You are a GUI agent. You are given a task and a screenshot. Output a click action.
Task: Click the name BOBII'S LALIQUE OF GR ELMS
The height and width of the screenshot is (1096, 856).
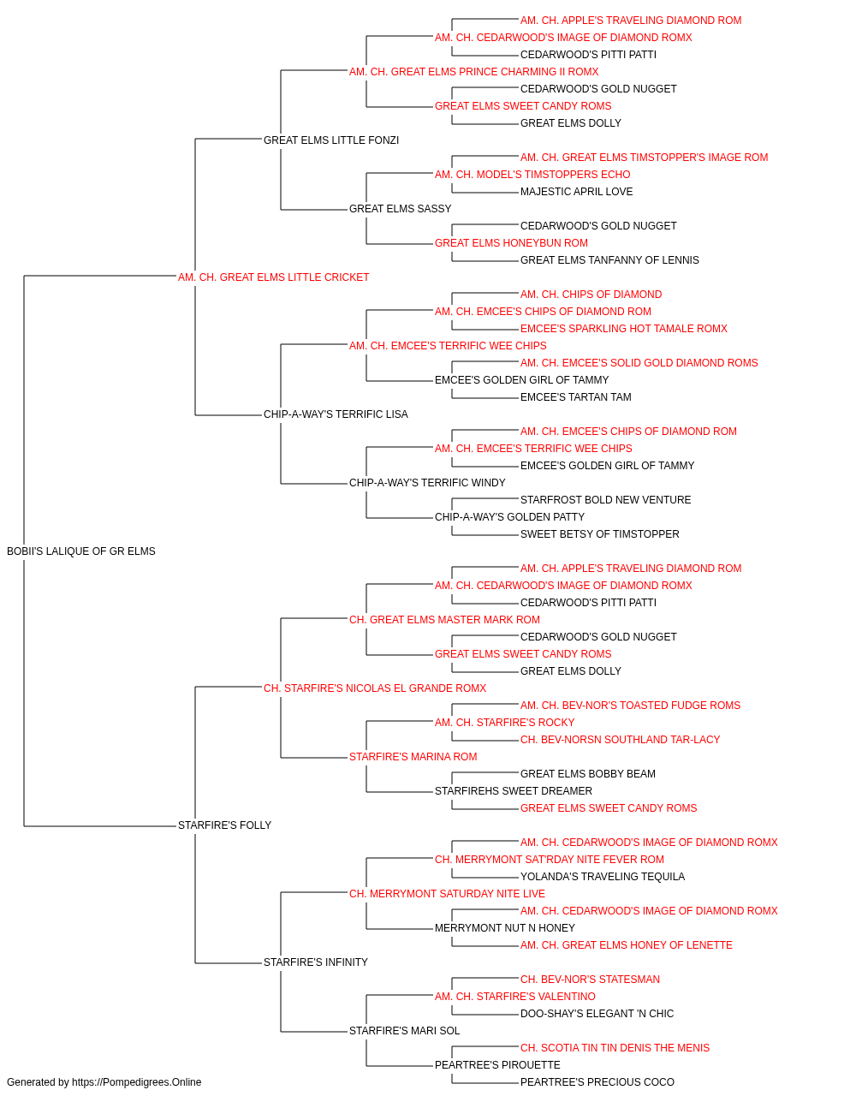(x=81, y=551)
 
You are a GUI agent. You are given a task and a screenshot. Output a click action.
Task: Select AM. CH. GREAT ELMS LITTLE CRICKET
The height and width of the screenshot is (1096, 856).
(x=273, y=277)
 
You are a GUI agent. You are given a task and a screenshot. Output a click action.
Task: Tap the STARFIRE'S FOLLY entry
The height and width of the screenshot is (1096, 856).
(x=224, y=825)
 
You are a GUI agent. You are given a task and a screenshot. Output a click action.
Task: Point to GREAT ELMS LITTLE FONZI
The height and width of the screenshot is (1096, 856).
(x=330, y=140)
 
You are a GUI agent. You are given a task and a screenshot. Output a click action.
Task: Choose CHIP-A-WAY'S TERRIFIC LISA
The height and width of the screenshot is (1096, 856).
(x=336, y=414)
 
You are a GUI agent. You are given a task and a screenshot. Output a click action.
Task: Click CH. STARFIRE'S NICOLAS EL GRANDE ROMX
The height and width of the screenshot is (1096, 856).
(x=375, y=688)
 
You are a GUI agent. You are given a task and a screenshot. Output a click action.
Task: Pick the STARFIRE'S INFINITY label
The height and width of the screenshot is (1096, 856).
(x=315, y=962)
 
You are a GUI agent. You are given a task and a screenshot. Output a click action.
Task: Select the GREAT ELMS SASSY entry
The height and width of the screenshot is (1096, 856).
(x=400, y=209)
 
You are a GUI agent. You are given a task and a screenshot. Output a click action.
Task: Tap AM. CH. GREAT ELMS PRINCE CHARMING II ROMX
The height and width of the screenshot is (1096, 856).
(x=473, y=72)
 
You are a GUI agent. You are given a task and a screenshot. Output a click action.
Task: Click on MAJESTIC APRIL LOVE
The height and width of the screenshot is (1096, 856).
(x=576, y=192)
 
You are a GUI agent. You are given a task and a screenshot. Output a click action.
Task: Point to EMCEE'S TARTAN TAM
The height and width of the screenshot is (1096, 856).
(x=575, y=397)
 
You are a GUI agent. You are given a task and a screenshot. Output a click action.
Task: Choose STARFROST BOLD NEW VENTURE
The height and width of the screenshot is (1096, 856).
(x=605, y=500)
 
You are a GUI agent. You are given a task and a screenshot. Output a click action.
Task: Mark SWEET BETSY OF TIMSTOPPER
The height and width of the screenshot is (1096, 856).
(x=599, y=534)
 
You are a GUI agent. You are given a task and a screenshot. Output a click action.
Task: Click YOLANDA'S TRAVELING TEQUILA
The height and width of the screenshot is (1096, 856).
(x=602, y=877)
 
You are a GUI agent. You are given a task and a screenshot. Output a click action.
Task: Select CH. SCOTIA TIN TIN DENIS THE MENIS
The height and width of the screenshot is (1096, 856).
(x=615, y=1047)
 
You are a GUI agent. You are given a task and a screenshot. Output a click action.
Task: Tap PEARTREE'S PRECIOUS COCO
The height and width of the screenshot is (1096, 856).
(x=597, y=1082)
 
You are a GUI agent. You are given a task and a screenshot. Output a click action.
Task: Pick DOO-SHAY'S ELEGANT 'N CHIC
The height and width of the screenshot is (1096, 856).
(x=597, y=1013)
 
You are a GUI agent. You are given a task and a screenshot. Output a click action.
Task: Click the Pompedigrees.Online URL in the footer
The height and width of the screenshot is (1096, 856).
(x=136, y=1082)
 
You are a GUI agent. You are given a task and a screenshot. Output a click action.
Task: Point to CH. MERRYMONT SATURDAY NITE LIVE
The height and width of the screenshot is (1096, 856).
(x=447, y=894)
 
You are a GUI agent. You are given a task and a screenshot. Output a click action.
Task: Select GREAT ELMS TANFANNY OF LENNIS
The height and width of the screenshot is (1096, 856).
(x=609, y=260)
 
